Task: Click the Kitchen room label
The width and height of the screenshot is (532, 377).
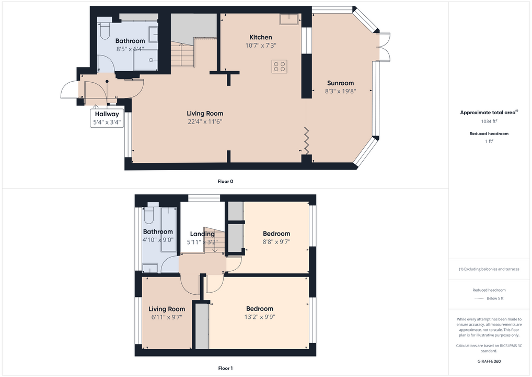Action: point(261,37)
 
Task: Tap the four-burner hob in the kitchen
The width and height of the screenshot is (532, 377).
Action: point(280,66)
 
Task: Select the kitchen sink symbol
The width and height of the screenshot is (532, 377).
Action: point(289,19)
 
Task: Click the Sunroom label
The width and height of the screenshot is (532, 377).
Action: point(340,83)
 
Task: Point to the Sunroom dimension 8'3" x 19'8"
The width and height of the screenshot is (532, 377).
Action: point(340,91)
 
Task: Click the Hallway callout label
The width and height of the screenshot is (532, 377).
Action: point(107,114)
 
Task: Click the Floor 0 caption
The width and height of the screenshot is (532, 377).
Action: point(225,182)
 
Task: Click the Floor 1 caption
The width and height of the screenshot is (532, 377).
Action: point(225,368)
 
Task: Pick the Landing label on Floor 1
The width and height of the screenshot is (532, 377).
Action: point(202,234)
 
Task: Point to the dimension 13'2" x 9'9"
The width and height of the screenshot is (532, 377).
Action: point(260,317)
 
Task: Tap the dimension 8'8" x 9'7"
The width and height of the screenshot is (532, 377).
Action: point(276,242)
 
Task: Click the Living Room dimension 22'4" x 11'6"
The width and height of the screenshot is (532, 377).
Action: point(205,121)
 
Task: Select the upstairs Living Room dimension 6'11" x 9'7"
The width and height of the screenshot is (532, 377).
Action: point(167,317)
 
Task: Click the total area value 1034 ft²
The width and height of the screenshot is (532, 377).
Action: point(489,121)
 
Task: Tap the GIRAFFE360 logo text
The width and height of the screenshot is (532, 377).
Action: point(489,361)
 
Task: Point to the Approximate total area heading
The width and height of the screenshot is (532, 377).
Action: point(489,113)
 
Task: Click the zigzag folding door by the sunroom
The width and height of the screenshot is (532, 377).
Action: point(306,141)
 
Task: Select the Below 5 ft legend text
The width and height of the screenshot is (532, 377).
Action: point(495,298)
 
